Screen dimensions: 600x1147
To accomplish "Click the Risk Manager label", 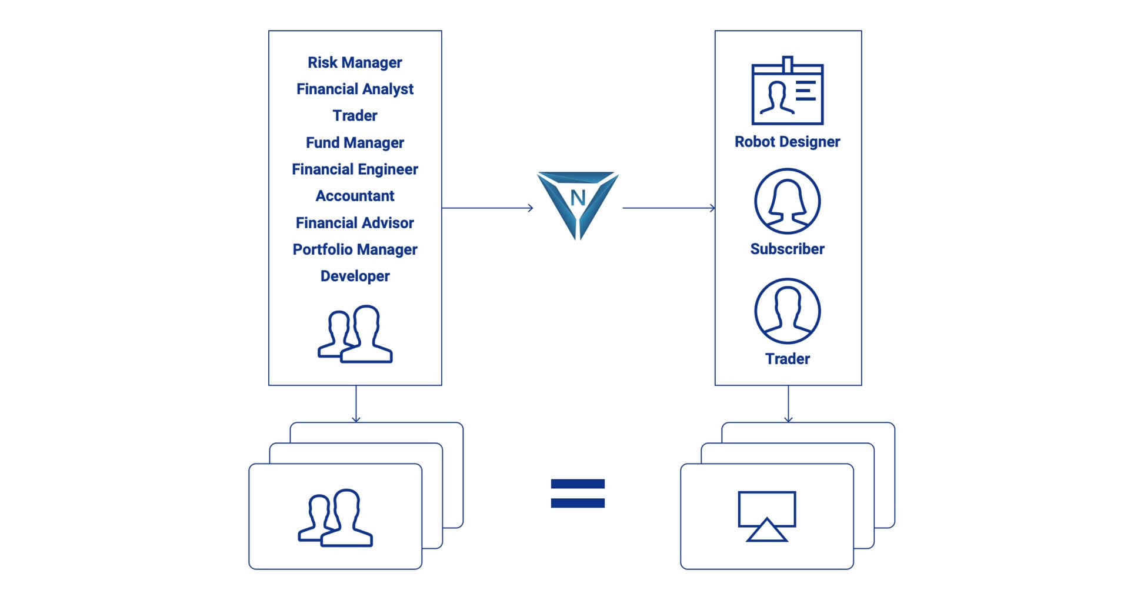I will [355, 62].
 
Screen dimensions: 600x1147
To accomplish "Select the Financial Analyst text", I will [355, 89].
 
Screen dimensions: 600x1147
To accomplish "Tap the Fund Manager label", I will [355, 142].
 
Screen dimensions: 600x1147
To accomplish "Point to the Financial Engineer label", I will [355, 169].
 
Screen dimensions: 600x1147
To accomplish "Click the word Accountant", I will [355, 196].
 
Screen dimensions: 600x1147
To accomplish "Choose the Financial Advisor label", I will [355, 223].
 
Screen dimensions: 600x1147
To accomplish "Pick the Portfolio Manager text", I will [355, 249].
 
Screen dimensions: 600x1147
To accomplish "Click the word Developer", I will [355, 276].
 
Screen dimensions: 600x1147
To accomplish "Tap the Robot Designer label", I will [787, 142].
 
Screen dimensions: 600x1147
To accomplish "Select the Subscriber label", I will [787, 249].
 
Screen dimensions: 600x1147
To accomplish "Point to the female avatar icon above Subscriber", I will [787, 201].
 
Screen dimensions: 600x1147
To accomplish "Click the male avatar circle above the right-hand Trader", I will [787, 311].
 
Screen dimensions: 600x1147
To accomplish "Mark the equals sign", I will [578, 493].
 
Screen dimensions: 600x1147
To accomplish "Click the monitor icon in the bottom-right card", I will [767, 516].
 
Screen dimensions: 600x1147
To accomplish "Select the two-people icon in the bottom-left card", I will [335, 518].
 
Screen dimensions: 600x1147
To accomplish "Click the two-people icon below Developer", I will [355, 334].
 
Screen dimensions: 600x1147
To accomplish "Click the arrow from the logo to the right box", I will [669, 208].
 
